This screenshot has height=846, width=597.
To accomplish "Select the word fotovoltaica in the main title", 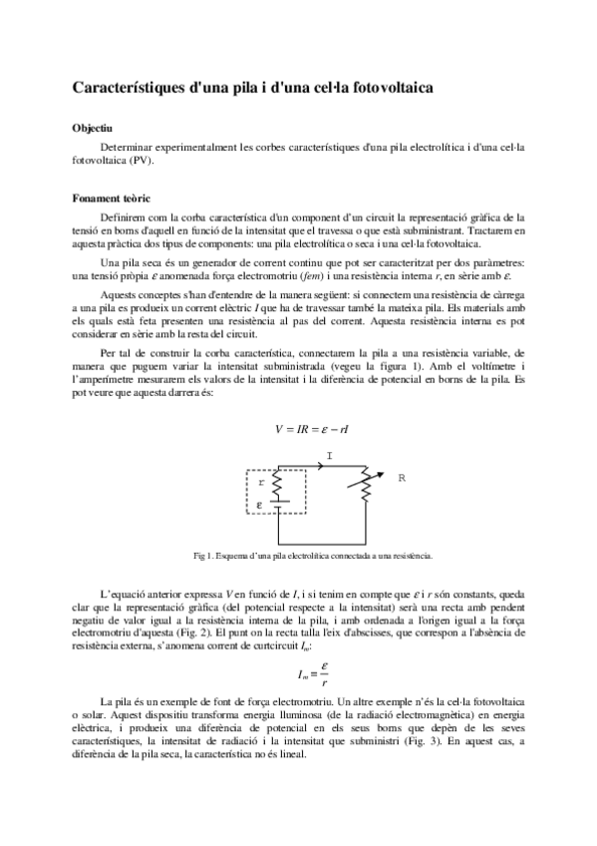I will pos(384,88).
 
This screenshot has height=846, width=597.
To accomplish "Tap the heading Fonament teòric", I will pos(111,198).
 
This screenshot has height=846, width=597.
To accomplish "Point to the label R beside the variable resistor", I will pos(402,479).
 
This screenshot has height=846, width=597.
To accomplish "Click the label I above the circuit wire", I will pos(329,455).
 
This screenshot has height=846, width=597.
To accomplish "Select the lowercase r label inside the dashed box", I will pos(260,482).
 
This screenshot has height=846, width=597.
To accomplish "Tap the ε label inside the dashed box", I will pos(259,505).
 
